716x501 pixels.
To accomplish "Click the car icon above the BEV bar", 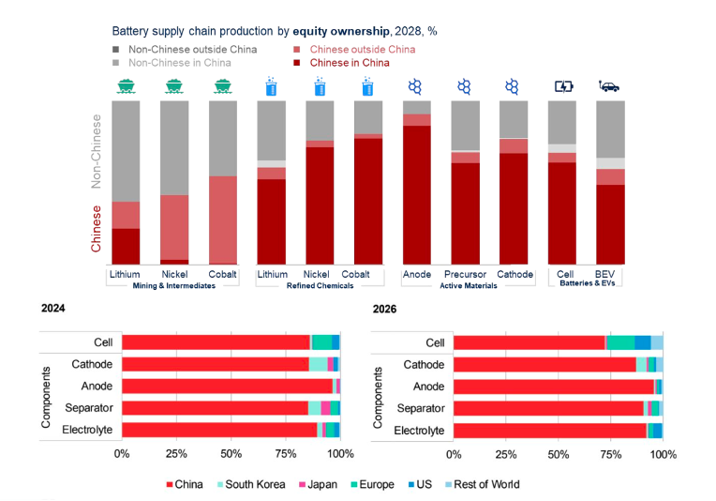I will [609, 86].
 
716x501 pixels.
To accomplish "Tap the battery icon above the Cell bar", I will [562, 86].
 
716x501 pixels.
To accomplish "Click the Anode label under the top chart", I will [416, 275].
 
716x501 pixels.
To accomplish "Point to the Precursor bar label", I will [465, 275].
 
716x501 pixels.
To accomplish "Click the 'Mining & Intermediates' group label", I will [173, 286].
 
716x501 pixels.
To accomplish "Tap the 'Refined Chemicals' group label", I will [320, 286].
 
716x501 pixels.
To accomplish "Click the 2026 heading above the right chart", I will [385, 309].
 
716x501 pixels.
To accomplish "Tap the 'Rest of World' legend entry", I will [486, 484].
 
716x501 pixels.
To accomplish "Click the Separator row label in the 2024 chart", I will [89, 408].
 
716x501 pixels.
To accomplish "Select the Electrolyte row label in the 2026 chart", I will [421, 430].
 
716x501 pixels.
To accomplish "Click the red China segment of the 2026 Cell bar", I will [529, 342].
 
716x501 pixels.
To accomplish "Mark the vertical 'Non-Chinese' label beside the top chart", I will [96, 152].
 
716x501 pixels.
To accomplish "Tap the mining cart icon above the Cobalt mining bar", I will [222, 86].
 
